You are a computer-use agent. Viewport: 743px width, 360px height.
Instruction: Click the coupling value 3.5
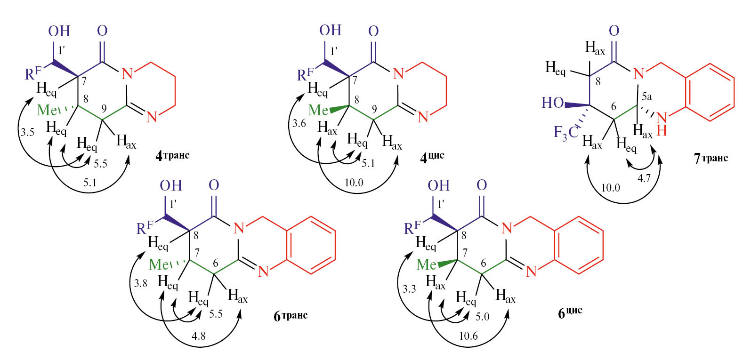coord(27,133)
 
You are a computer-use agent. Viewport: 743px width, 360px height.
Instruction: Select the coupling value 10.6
coord(468,336)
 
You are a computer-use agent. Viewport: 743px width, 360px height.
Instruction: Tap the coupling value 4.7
coord(644,179)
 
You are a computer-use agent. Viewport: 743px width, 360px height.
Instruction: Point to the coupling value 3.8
coord(141,283)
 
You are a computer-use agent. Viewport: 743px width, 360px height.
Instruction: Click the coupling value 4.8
coord(198,336)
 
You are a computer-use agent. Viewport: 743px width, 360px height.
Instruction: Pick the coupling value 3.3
coord(409,289)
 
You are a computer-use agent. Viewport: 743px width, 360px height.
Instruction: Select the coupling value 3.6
coord(299,124)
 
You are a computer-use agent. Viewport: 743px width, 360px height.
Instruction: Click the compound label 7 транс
coord(711,158)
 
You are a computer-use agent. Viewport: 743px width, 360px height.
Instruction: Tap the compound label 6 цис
coord(570,312)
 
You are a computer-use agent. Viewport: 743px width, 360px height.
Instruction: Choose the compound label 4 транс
coord(172,155)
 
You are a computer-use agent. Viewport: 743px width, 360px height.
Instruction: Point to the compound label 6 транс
coord(291,315)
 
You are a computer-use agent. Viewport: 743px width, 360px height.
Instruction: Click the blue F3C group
coord(566,133)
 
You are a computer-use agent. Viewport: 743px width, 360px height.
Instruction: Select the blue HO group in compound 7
coord(553,103)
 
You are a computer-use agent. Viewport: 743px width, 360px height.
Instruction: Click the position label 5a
coord(647,97)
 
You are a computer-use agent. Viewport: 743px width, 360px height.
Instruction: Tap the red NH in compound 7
coord(662,124)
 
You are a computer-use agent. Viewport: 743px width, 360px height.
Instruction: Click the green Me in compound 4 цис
coord(318,110)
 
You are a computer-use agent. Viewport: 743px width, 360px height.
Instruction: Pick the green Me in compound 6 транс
coord(159,264)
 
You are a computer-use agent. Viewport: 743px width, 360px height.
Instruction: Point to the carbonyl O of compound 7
coord(614,31)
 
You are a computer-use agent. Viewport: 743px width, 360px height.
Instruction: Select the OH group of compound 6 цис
coord(438,185)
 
